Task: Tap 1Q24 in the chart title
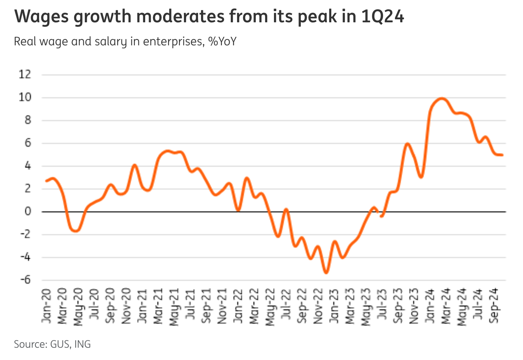click(382, 17)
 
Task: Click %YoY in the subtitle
click(222, 41)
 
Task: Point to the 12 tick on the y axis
click(25, 74)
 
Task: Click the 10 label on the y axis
click(25, 97)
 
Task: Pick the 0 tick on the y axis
click(28, 212)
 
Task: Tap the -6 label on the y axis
click(25, 280)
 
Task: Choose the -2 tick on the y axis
click(25, 234)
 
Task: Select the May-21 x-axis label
click(174, 307)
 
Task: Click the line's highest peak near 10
click(441, 99)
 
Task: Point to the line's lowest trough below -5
click(326, 273)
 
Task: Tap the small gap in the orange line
click(379, 213)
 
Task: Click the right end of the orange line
click(502, 155)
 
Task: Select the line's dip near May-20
click(76, 231)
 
